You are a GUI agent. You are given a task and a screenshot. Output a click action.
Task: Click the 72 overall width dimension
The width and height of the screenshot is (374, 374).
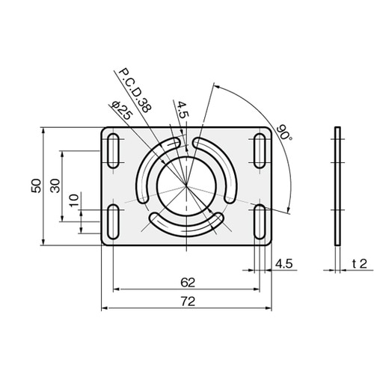pyautogui.click(x=188, y=301)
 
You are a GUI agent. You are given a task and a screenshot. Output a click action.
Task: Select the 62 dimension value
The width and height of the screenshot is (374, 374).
pyautogui.click(x=188, y=283)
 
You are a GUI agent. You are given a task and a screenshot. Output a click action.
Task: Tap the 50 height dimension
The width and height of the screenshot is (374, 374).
pyautogui.click(x=36, y=186)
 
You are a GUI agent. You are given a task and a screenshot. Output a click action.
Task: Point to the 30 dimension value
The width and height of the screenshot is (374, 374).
pyautogui.click(x=55, y=186)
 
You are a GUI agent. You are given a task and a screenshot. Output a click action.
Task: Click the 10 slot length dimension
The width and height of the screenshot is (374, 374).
pyautogui.click(x=74, y=200)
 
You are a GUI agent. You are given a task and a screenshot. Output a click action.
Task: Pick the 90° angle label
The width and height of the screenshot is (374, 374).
pyautogui.click(x=283, y=132)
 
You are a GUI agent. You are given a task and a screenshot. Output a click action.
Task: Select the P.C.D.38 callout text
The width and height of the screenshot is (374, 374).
pyautogui.click(x=135, y=91)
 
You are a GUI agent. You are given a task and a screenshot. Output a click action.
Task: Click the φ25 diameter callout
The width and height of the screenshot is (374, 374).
pyautogui.click(x=122, y=111)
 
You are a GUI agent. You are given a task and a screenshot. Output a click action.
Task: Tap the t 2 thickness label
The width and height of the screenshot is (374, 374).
pyautogui.click(x=360, y=264)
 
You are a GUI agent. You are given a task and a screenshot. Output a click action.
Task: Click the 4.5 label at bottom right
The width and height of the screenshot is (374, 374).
pyautogui.click(x=283, y=264)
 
